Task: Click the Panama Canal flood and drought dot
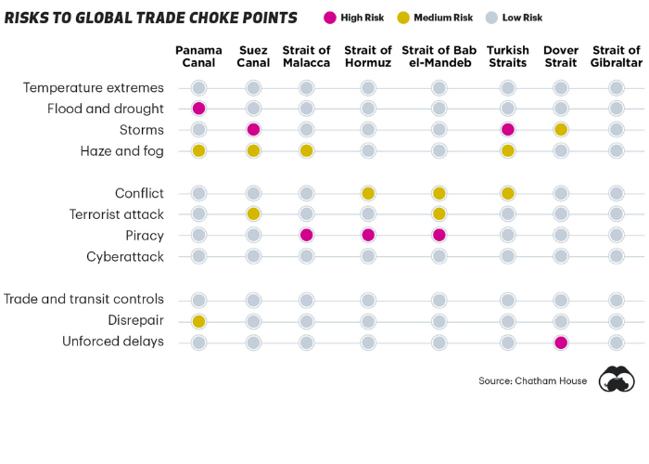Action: pos(198,109)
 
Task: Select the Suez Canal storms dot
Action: pos(253,129)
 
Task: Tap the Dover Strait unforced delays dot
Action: pos(561,342)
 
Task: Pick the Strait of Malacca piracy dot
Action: pos(307,235)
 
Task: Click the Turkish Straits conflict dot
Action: pos(508,193)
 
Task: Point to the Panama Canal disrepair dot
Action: pos(198,321)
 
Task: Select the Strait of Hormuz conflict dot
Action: pos(368,193)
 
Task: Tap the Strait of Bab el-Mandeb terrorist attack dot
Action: pos(439,214)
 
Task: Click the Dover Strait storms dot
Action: pos(561,129)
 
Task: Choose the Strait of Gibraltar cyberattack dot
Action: pos(616,256)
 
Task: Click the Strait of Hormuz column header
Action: pos(368,57)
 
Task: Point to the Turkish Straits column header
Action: pos(508,57)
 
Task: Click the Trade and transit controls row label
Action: pos(84,300)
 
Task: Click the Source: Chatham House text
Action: pos(532,381)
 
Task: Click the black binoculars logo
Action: pos(616,380)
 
